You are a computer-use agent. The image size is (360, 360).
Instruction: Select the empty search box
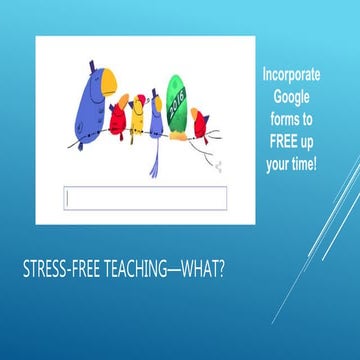coord(145,199)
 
